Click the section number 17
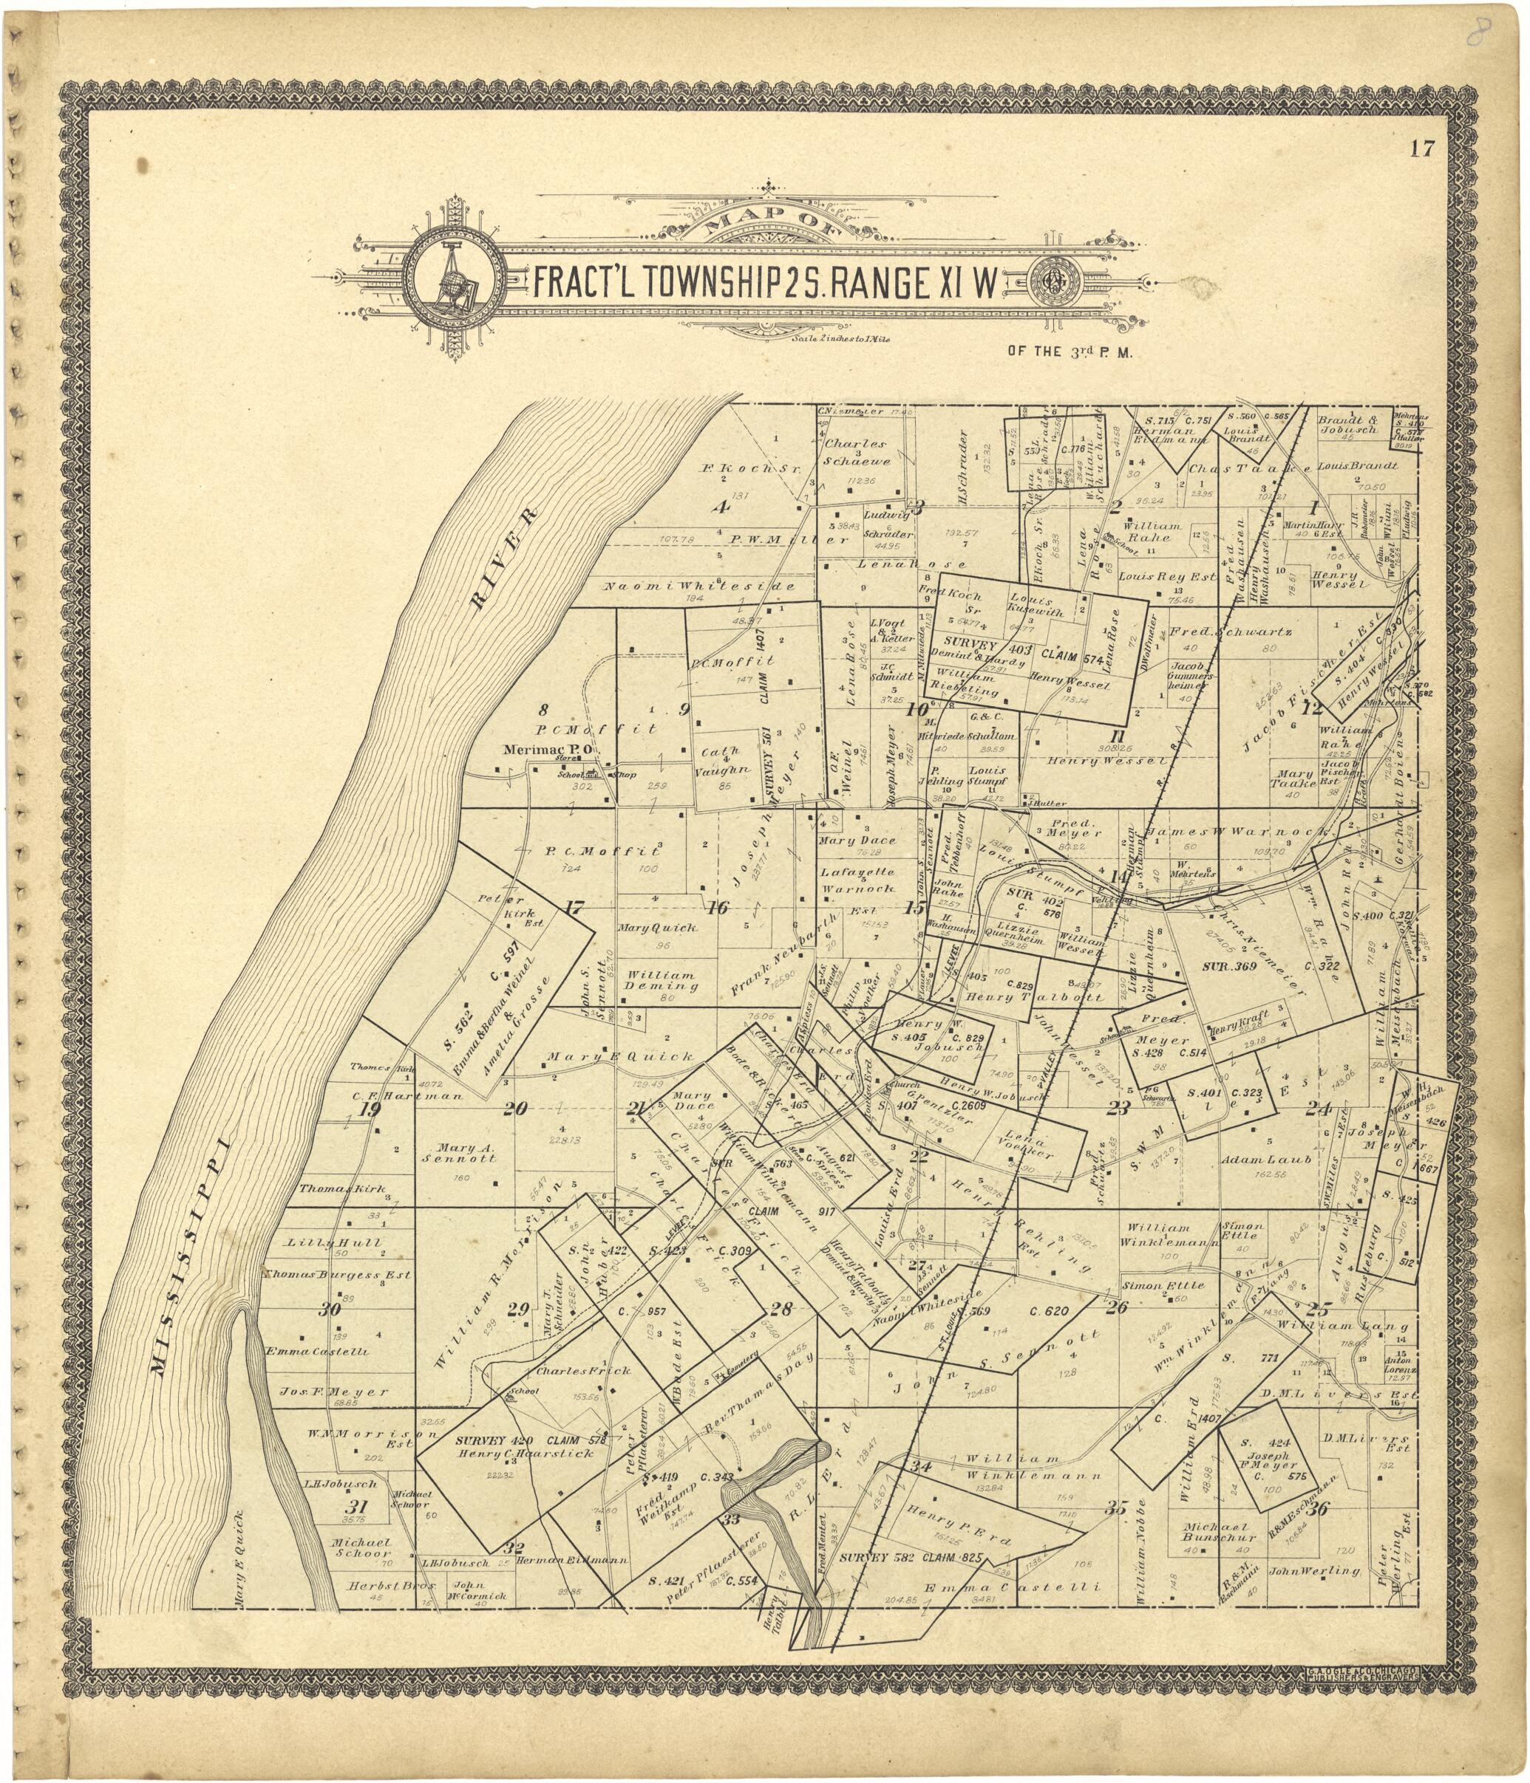coord(574,906)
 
